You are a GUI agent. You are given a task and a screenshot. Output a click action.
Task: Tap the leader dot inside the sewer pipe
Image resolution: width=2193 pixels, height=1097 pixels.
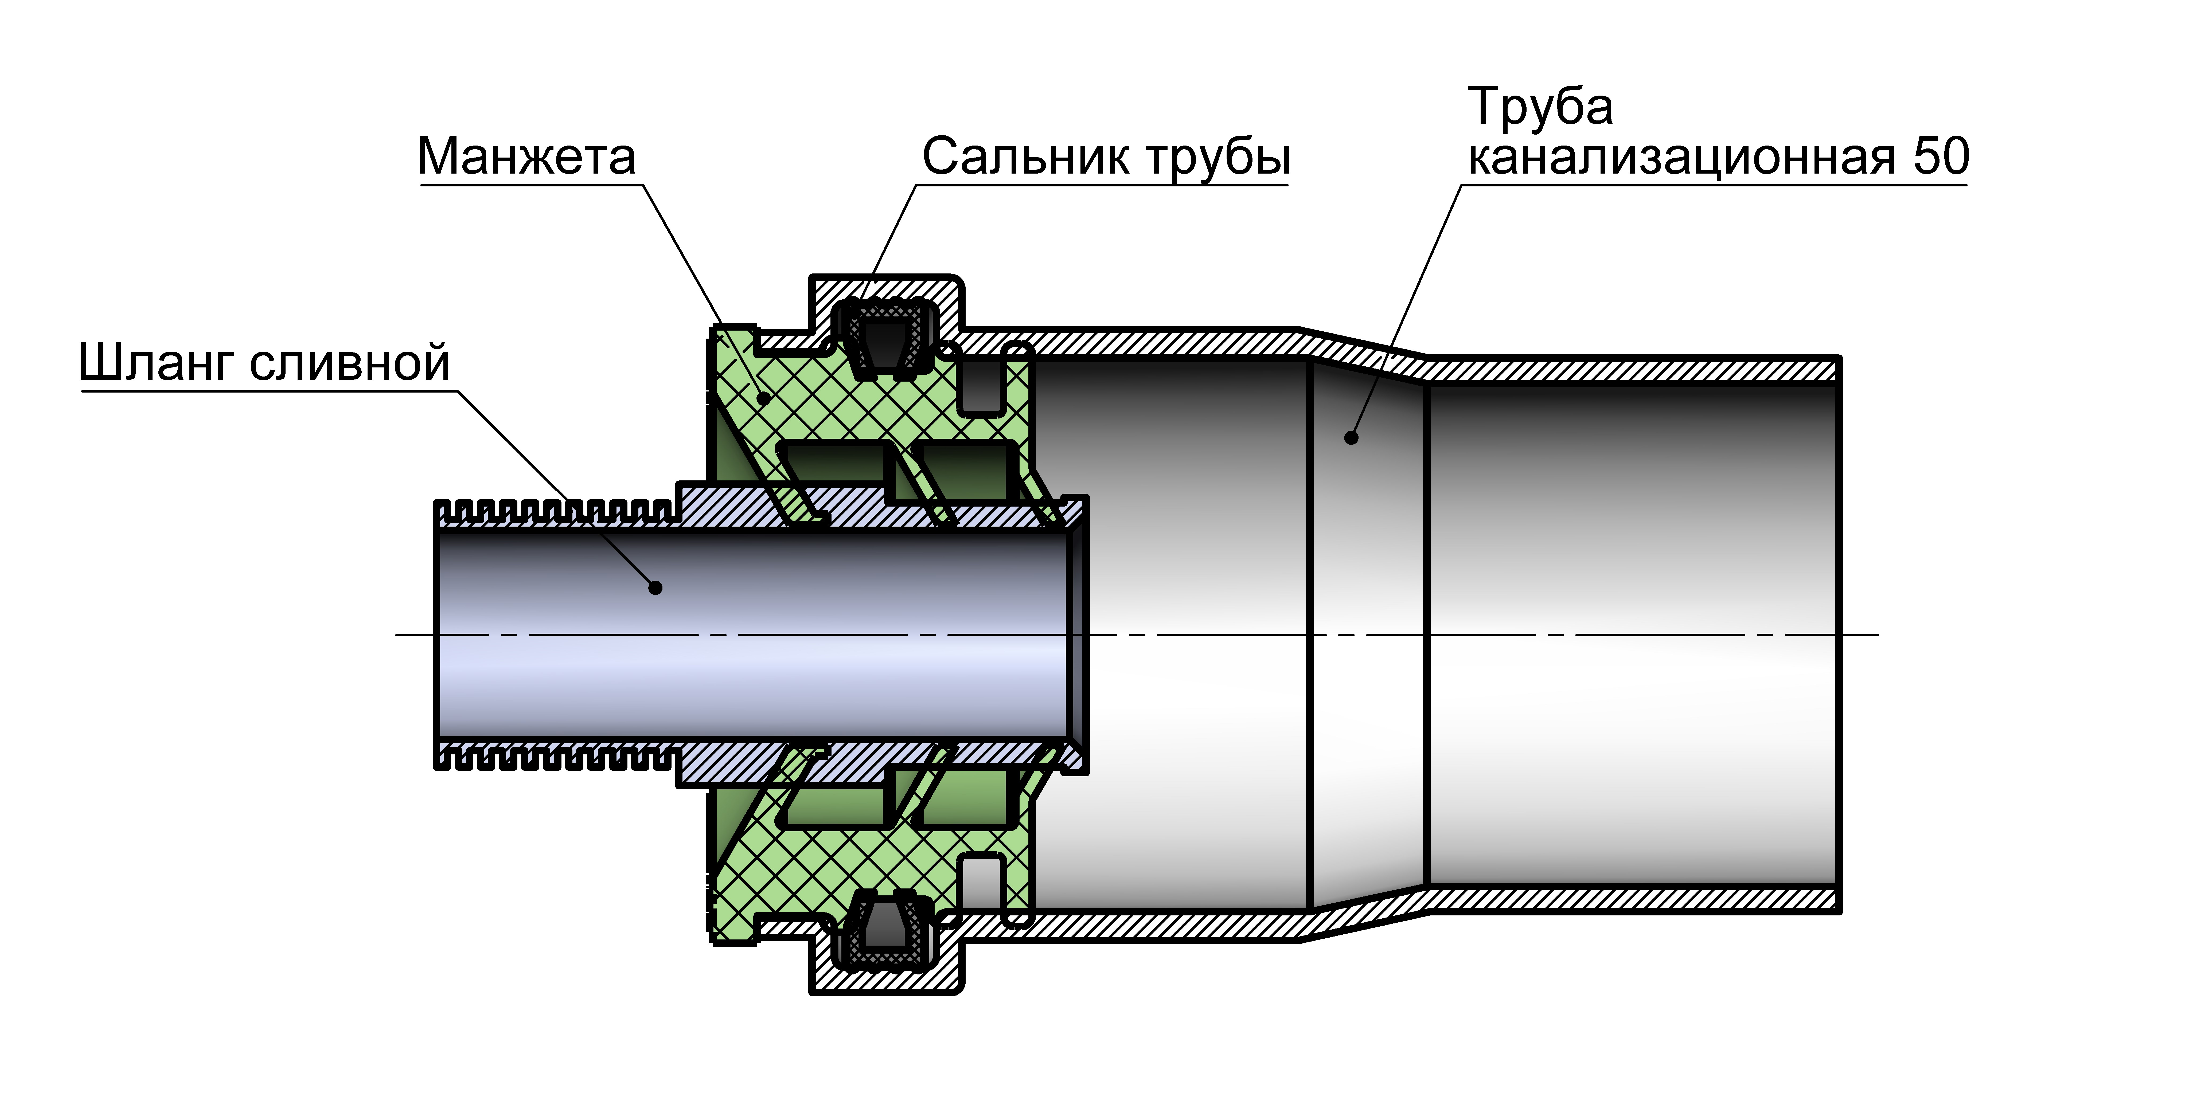pos(1351,437)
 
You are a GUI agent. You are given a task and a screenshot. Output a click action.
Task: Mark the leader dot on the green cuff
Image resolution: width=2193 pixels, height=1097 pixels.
pos(764,397)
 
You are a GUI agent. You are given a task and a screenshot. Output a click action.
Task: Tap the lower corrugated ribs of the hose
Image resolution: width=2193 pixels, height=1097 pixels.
pos(553,757)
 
